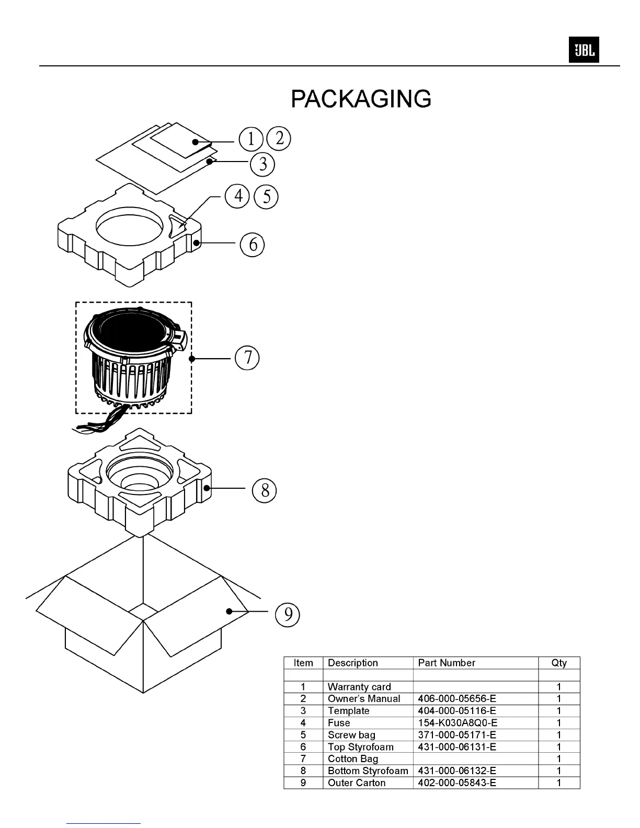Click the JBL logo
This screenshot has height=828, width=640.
(x=584, y=51)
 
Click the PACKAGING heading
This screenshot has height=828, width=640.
(x=361, y=99)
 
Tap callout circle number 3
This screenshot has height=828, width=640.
(x=262, y=164)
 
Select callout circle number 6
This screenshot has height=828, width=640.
(x=253, y=244)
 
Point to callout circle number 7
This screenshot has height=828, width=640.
(x=247, y=358)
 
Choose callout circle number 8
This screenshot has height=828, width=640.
(x=265, y=490)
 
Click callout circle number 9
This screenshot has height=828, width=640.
(x=288, y=614)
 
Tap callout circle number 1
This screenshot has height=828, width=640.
(x=251, y=139)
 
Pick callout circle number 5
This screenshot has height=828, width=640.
(x=267, y=197)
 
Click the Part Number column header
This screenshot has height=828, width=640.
(x=447, y=663)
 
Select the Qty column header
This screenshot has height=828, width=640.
(x=558, y=663)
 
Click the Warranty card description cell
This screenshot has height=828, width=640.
(x=359, y=687)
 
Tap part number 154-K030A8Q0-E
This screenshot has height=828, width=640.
(x=458, y=723)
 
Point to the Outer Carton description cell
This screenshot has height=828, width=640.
(x=357, y=783)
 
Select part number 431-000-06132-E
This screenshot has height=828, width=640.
(x=457, y=770)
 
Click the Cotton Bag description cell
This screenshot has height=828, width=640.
(x=353, y=758)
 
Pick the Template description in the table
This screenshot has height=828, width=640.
(x=348, y=711)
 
